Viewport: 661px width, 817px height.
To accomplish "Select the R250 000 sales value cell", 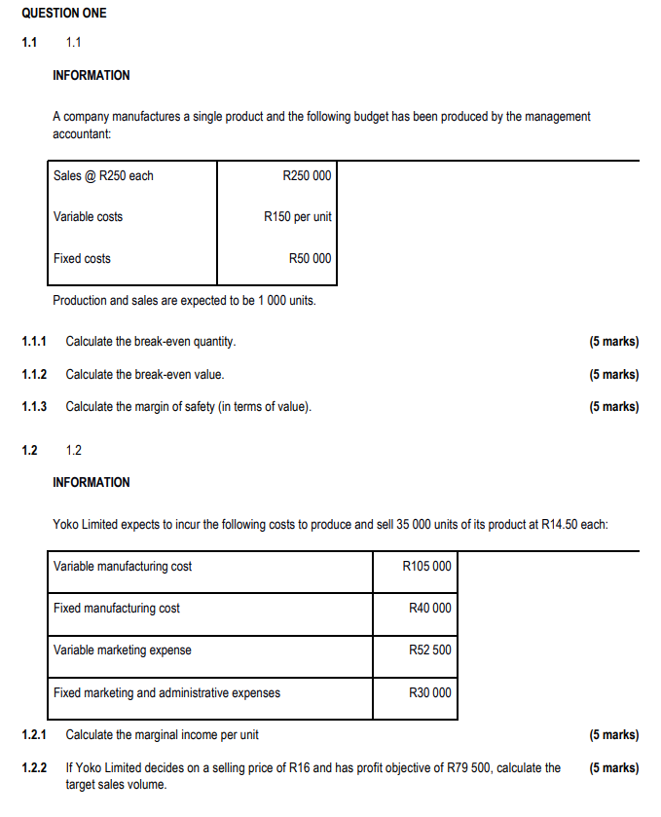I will pyautogui.click(x=306, y=175).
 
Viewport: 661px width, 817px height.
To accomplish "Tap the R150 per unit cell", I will pyautogui.click(x=297, y=216).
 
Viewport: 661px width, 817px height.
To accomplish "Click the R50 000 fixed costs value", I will pyautogui.click(x=310, y=258).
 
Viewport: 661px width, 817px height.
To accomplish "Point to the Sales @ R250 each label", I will pyautogui.click(x=103, y=175).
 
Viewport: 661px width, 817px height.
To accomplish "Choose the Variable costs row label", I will pyautogui.click(x=88, y=216).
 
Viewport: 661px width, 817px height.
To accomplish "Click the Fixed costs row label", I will pyautogui.click(x=82, y=258).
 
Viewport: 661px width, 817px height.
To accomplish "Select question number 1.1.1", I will pyautogui.click(x=34, y=342).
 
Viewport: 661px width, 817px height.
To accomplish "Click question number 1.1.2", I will pyautogui.click(x=34, y=374).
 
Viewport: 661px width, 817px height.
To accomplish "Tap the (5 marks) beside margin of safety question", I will pyautogui.click(x=614, y=406).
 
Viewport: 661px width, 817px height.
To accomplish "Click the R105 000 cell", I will pyautogui.click(x=426, y=566).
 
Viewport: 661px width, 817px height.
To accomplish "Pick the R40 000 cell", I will pyautogui.click(x=429, y=608).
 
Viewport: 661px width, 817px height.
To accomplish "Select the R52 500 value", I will pyautogui.click(x=429, y=650).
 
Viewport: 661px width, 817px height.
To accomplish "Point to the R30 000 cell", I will pyautogui.click(x=429, y=692).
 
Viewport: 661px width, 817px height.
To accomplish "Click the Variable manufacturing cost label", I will pyautogui.click(x=123, y=566).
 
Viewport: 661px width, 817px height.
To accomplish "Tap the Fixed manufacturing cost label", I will pyautogui.click(x=117, y=608).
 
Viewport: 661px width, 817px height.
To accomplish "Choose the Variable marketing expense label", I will pyautogui.click(x=123, y=650).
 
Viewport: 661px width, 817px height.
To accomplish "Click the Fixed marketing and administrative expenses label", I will pyautogui.click(x=166, y=692).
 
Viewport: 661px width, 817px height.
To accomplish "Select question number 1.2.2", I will pyautogui.click(x=34, y=767).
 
